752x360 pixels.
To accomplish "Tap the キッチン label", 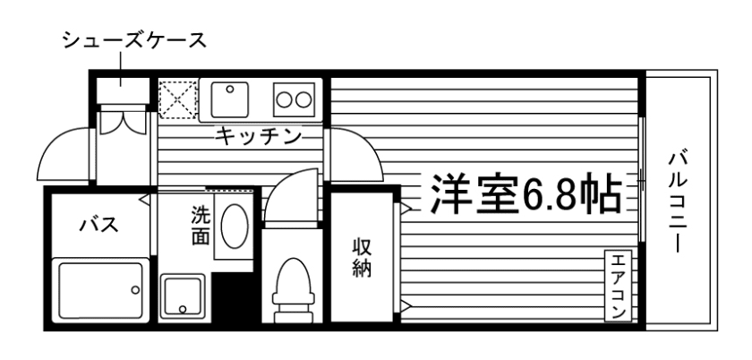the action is coord(257,136).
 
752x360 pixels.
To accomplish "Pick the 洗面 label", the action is coord(200,227).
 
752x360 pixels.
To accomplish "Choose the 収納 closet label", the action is coord(361,257).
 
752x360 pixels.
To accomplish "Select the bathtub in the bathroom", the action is coord(99,289).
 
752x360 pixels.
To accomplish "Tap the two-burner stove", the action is coord(295,99).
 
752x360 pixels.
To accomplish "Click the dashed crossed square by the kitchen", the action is coord(176,97).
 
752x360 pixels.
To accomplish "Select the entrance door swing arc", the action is coord(63,154).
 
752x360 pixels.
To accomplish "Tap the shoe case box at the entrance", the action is coord(122,93).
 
